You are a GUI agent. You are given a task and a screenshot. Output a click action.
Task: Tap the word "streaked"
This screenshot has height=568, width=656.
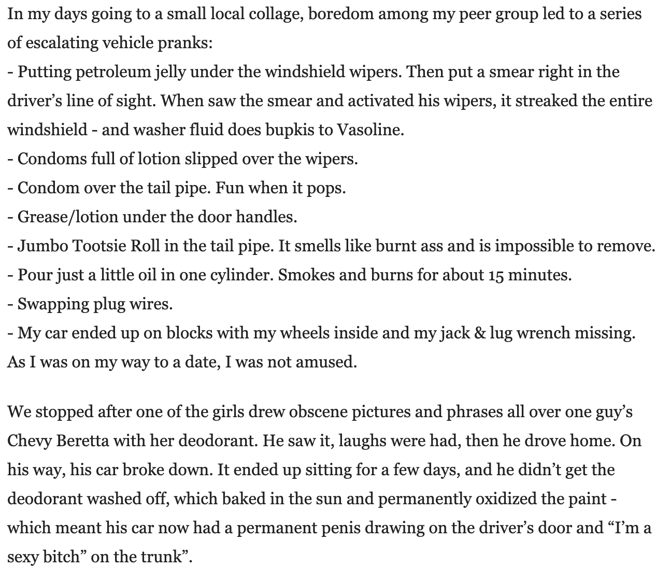pos(546,101)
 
